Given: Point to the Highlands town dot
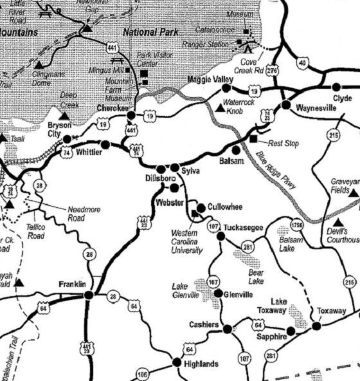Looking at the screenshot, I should point(177,362).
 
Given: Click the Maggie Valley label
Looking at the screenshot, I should point(210,79).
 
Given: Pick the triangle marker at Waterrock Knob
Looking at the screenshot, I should point(220,108).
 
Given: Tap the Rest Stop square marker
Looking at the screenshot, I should point(253,138).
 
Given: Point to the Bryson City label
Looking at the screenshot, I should point(60,129).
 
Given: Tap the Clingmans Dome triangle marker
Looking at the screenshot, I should point(39,64).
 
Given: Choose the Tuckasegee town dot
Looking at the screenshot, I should point(221,236).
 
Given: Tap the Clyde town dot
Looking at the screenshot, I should point(336,87).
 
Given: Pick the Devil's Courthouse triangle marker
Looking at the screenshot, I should point(338,222).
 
